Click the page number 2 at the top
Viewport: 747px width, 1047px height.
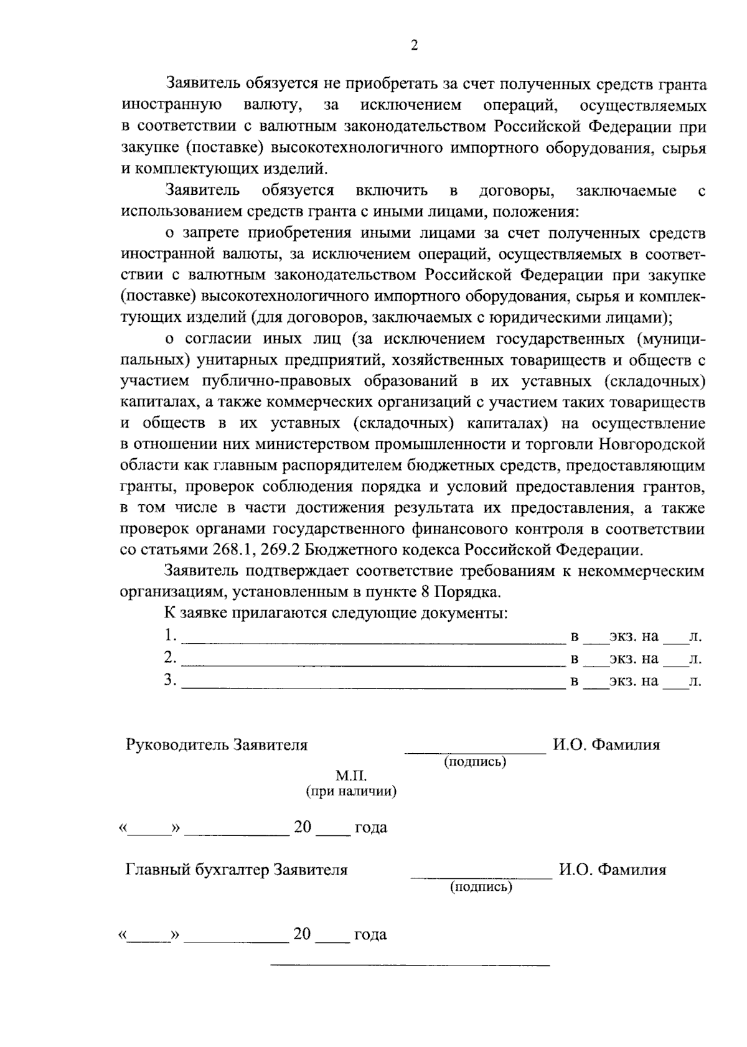414,45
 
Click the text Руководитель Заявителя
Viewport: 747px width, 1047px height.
217,745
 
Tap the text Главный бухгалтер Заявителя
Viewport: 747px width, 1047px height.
237,870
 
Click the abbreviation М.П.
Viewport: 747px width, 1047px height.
352,776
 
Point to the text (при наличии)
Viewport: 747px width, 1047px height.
351,792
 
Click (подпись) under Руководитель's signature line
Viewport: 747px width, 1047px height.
475,761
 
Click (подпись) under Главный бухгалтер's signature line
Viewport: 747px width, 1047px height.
481,887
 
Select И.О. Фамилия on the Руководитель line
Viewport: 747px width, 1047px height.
606,745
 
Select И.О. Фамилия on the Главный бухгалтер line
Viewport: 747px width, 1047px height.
612,870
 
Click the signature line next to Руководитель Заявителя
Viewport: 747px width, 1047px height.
476,753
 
